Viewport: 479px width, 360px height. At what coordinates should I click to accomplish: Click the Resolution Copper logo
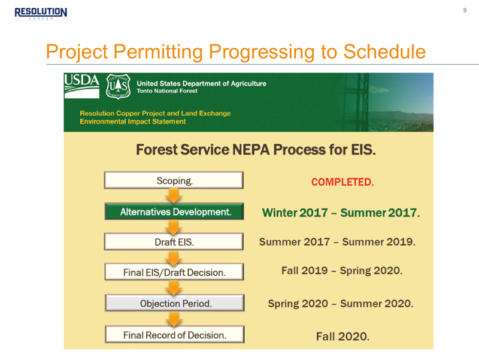point(41,13)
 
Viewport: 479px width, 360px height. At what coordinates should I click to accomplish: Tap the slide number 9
point(465,10)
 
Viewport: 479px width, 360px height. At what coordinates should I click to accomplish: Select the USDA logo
point(81,86)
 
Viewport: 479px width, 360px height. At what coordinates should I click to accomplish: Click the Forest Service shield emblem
point(118,86)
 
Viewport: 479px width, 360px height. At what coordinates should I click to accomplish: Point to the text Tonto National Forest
point(167,91)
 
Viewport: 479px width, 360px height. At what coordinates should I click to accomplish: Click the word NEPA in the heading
point(251,150)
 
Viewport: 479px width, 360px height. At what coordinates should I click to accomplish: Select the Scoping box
point(174,180)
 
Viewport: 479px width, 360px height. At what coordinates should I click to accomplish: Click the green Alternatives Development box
point(174,211)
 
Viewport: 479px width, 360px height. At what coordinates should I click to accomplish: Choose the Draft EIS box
point(174,242)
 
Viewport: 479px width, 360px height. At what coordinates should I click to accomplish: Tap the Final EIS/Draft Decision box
point(174,272)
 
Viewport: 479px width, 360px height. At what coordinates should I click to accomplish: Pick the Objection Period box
point(175,303)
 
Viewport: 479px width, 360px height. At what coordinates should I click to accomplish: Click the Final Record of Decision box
point(175,334)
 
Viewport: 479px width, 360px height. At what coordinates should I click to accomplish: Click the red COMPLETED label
point(342,182)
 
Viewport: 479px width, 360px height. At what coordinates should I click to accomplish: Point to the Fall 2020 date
point(342,337)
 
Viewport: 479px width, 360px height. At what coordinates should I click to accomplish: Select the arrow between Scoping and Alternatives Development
point(174,196)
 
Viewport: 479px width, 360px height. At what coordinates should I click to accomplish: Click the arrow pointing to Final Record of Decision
point(174,319)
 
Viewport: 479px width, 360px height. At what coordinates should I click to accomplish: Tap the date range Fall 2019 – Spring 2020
point(342,271)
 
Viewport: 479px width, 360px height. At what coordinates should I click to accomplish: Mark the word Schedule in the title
point(384,52)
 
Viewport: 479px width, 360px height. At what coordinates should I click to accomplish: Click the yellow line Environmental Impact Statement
point(132,122)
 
